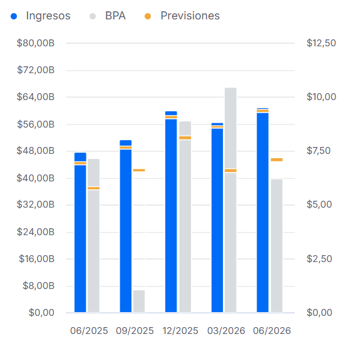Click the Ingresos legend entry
click(41, 16)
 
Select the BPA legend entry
click(108, 16)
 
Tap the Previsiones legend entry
click(182, 16)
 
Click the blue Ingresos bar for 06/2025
click(80, 233)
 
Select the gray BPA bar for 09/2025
click(139, 301)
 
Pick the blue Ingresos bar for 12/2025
click(171, 212)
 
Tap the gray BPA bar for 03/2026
click(230, 200)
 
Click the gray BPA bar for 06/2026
click(277, 246)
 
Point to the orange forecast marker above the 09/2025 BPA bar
click(139, 170)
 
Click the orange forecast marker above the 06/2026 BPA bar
click(277, 159)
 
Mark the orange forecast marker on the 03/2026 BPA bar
click(230, 171)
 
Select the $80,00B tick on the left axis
click(36, 43)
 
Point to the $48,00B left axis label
click(36, 151)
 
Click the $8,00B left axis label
click(38, 286)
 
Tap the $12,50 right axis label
click(321, 43)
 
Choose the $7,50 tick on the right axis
click(319, 151)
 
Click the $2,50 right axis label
click(319, 259)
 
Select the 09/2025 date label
click(135, 331)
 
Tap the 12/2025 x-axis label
click(180, 331)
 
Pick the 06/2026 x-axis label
click(272, 331)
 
